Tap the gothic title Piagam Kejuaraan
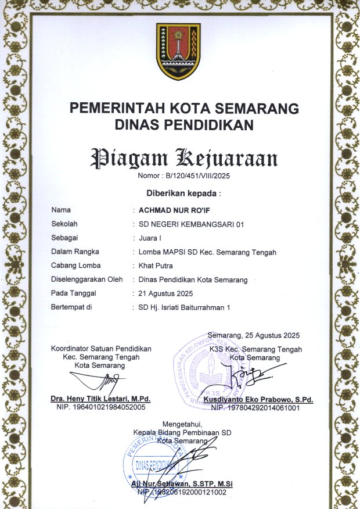coord(183,158)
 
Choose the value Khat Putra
coord(156,266)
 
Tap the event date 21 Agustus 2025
coord(165,293)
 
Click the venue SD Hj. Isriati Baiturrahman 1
coord(185,307)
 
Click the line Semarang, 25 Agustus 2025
coord(253,335)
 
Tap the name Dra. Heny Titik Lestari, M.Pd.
coord(101,399)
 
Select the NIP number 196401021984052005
coord(102,408)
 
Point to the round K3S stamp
coord(215,372)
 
